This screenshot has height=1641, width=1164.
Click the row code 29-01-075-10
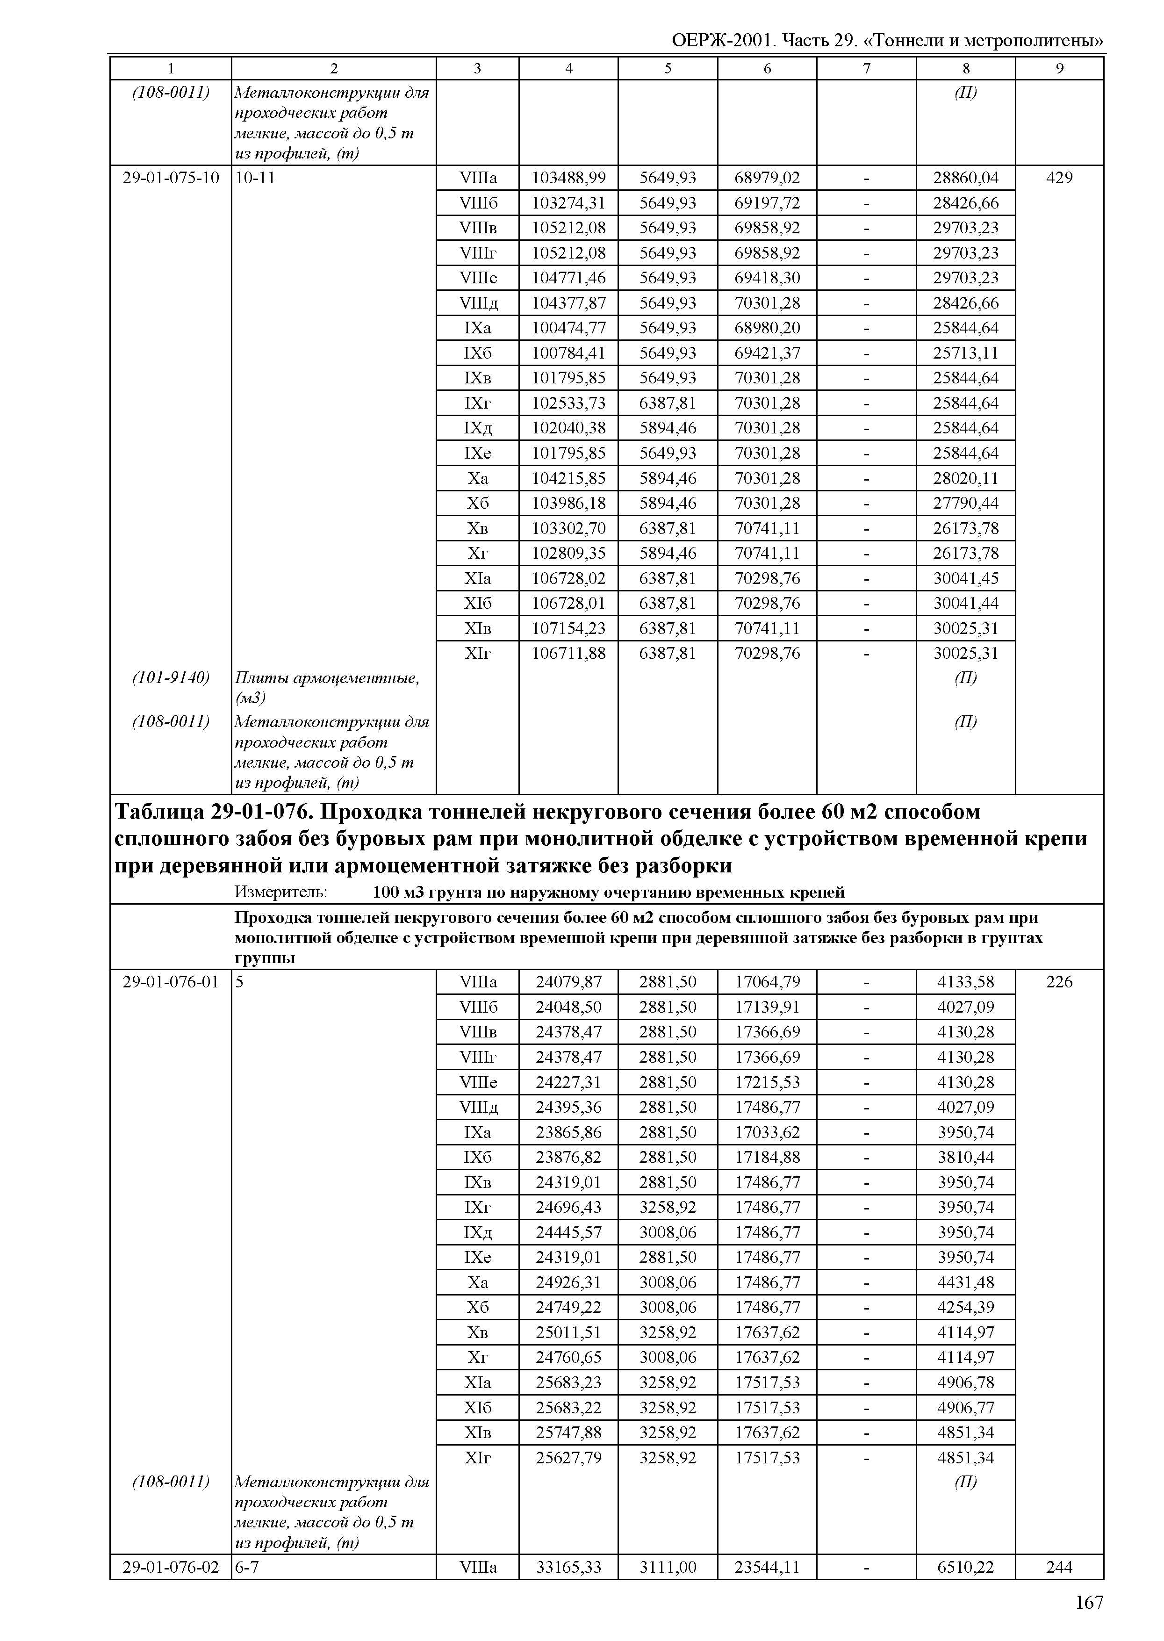(x=171, y=178)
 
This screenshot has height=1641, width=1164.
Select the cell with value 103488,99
(x=568, y=178)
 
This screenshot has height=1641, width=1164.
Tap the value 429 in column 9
(x=1059, y=178)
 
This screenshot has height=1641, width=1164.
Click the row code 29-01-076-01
(x=171, y=981)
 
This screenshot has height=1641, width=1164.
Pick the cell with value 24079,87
(x=568, y=981)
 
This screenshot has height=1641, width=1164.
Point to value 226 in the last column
(x=1059, y=981)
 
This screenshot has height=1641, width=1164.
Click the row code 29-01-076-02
(x=171, y=1567)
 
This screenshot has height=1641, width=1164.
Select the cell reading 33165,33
(x=568, y=1567)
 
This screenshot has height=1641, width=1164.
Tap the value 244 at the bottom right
(x=1059, y=1567)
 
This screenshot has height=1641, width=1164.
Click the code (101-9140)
(x=171, y=677)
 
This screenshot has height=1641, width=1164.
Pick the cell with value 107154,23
(x=568, y=629)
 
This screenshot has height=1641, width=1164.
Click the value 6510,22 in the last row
(x=965, y=1567)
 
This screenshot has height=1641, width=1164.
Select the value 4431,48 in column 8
(x=965, y=1282)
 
